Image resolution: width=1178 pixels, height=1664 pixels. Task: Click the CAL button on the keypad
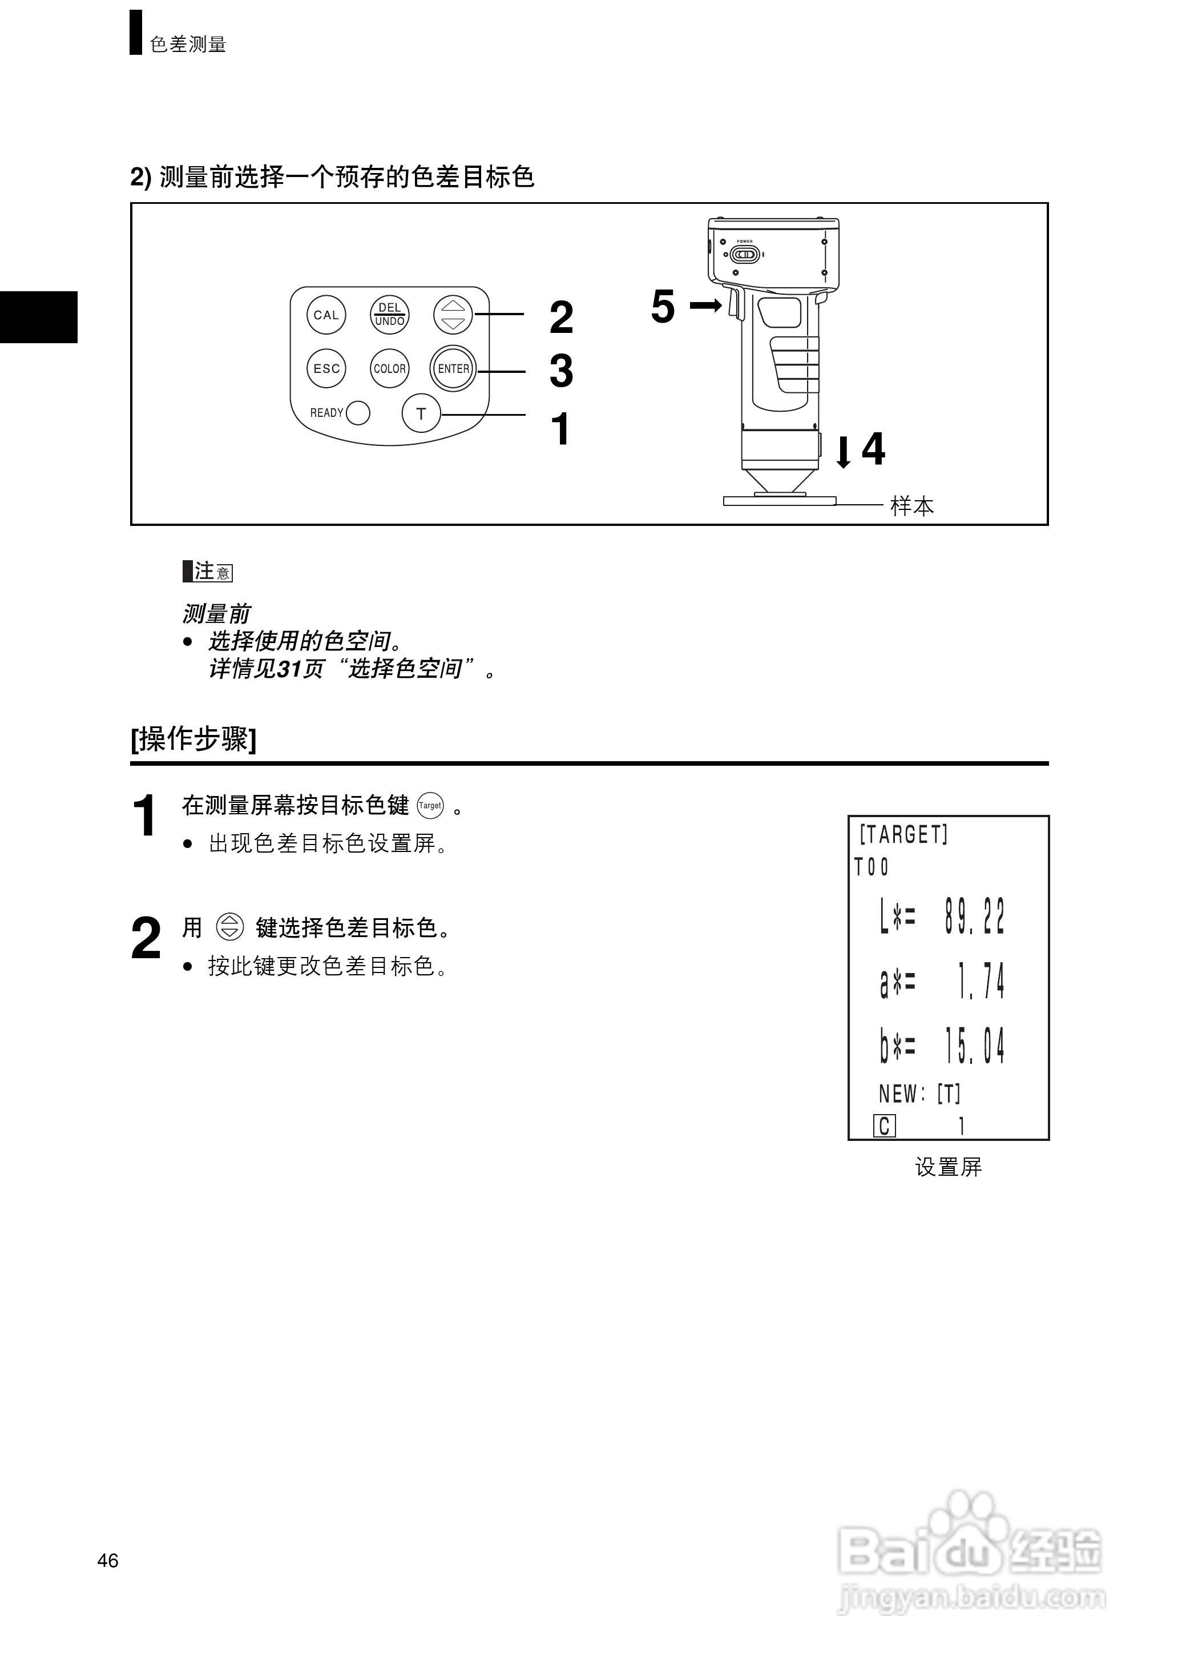[x=326, y=315]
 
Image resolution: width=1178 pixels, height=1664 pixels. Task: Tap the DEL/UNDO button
[x=389, y=315]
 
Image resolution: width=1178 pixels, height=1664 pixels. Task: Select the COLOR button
[x=389, y=369]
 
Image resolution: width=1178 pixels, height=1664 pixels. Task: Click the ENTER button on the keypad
[x=453, y=369]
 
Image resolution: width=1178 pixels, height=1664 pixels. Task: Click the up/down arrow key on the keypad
[x=453, y=315]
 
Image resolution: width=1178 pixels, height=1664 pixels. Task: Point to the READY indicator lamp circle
[x=358, y=413]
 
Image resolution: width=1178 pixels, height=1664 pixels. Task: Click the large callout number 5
[x=662, y=306]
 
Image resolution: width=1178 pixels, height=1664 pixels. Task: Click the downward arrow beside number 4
[x=843, y=451]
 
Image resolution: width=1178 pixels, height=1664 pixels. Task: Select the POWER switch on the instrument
[x=744, y=255]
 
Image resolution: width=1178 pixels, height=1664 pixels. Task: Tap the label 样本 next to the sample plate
[x=912, y=506]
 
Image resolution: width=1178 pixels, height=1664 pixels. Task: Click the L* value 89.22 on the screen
[x=974, y=917]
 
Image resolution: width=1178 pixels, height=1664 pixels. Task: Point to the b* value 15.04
[x=974, y=1046]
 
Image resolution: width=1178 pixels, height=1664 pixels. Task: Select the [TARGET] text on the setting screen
[x=903, y=834]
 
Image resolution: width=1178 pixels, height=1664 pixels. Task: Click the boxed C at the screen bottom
[x=884, y=1126]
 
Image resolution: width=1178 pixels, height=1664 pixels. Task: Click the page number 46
[x=107, y=1560]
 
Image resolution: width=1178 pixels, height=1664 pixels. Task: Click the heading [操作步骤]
[x=193, y=739]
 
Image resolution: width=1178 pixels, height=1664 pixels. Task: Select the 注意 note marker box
[x=208, y=571]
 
